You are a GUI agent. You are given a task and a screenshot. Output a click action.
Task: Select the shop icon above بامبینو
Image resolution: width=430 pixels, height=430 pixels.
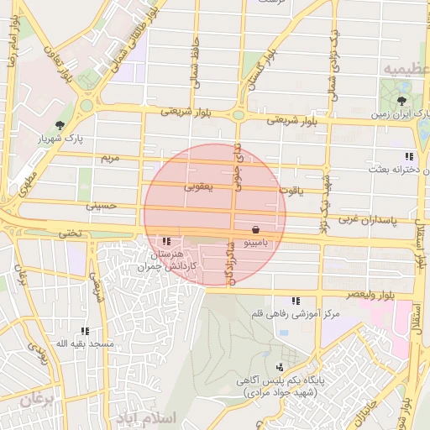point(255,228)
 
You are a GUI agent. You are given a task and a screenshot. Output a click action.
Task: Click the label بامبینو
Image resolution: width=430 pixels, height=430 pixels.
point(255,242)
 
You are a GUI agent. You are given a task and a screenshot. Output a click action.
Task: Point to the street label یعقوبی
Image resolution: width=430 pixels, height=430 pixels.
point(198,188)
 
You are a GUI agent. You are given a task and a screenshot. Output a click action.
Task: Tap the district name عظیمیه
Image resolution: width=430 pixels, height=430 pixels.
point(403,67)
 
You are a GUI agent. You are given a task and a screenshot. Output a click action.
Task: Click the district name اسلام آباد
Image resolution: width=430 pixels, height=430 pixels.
point(147,417)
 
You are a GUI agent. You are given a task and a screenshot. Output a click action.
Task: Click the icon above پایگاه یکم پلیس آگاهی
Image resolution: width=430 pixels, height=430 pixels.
point(279,367)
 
